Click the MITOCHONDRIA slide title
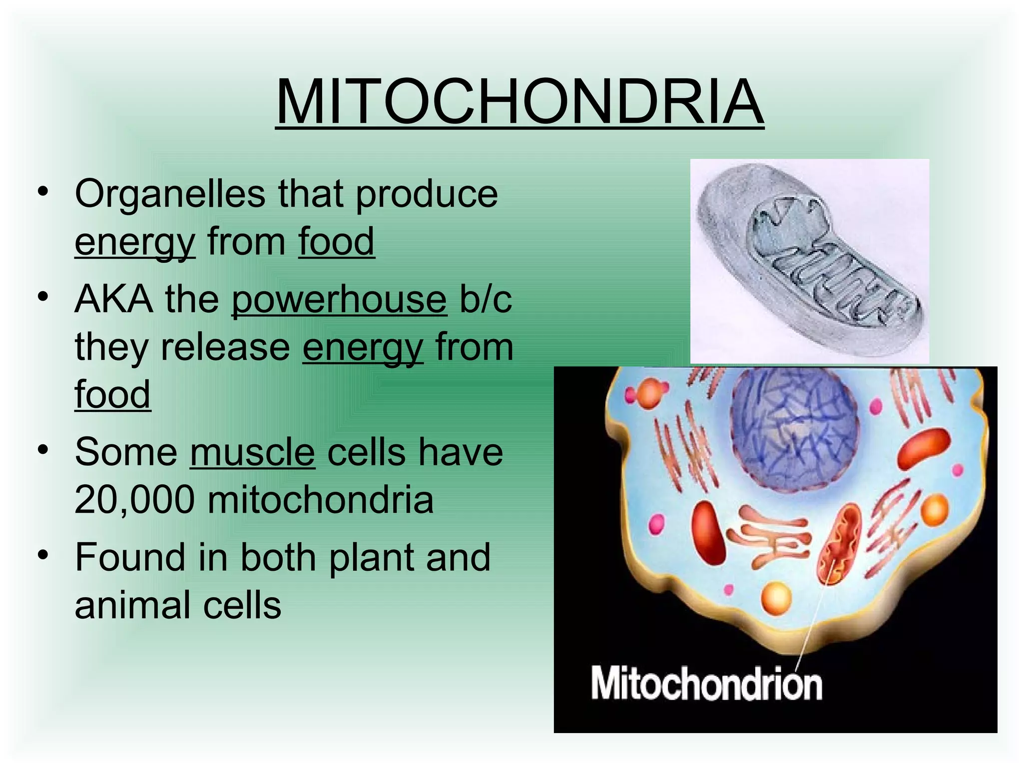[519, 102]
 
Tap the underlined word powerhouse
[339, 300]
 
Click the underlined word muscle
[252, 452]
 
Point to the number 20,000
[134, 499]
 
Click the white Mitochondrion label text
[706, 684]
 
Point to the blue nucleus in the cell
[794, 429]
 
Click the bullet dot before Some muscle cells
[44, 449]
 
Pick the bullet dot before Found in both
[44, 555]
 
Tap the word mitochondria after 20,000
[320, 499]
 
